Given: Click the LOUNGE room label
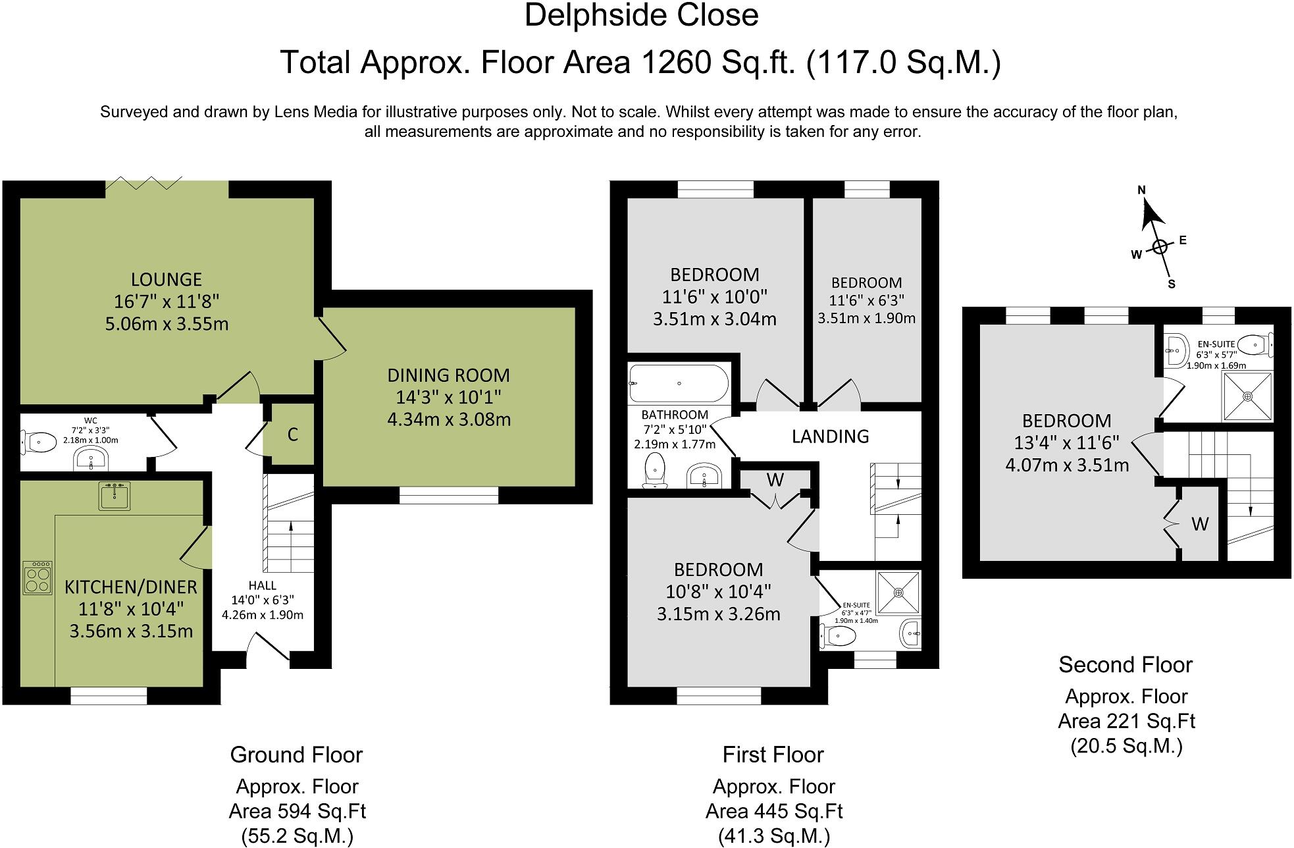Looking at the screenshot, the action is [167, 280].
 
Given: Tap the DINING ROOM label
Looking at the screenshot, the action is [448, 376].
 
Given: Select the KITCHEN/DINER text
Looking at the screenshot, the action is [131, 587].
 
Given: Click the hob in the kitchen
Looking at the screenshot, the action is [38, 577].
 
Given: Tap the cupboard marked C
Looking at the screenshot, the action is [293, 435].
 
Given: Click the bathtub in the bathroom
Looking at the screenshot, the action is [679, 383].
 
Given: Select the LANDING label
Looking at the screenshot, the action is [830, 437].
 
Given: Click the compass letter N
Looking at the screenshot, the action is [1142, 190].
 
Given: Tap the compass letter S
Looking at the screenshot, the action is [1172, 284].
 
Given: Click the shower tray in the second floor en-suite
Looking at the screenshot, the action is [1248, 396].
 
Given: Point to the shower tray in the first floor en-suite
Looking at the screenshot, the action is [898, 592].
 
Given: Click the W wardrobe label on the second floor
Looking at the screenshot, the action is [1200, 524].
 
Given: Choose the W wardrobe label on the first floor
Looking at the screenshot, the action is [775, 481].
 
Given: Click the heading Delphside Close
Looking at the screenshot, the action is [642, 16].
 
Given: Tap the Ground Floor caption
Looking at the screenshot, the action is [296, 755].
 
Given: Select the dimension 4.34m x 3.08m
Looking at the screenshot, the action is [449, 419].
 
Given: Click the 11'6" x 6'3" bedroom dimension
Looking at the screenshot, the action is [867, 301].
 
